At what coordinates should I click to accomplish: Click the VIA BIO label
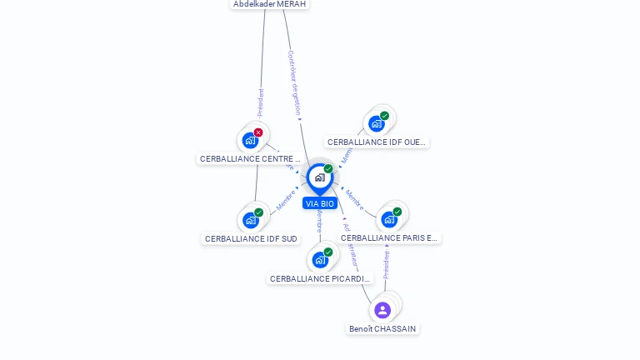[320, 203]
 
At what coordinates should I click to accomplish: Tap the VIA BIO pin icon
[320, 177]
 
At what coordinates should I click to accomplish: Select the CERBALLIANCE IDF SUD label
[251, 238]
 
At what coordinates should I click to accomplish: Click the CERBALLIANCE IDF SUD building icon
[250, 220]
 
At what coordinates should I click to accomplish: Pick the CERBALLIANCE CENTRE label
[249, 158]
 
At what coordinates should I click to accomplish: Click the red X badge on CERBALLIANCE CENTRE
[258, 132]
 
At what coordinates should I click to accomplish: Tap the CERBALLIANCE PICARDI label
[320, 278]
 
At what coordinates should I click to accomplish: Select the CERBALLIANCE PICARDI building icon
[320, 260]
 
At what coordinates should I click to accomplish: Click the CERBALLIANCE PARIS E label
[389, 237]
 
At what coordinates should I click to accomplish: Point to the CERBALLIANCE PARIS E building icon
[388, 220]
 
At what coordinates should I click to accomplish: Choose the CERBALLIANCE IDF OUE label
[377, 142]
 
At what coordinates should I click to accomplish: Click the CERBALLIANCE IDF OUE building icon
[376, 124]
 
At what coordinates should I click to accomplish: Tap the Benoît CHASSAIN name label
[382, 328]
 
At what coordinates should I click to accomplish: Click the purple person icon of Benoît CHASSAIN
[382, 310]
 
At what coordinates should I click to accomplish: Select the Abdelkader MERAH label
[270, 4]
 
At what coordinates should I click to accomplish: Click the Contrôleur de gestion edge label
[293, 82]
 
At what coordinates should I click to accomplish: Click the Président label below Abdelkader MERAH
[260, 103]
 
